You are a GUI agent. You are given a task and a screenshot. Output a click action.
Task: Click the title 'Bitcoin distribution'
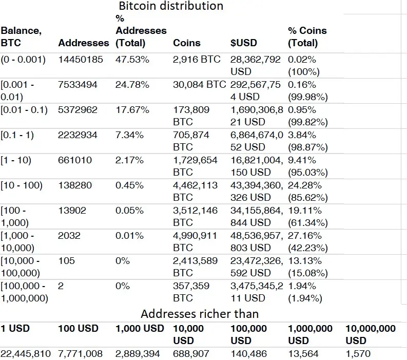(171, 6)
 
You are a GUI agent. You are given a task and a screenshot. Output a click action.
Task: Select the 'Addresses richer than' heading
(200, 314)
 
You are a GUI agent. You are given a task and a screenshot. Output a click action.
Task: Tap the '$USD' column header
(243, 43)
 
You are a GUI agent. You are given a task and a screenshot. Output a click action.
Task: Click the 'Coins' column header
(187, 43)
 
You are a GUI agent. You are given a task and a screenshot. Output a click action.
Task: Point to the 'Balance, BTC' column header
(21, 36)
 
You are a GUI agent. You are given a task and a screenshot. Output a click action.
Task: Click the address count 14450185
(81, 60)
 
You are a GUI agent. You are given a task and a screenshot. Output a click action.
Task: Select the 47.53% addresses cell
(132, 60)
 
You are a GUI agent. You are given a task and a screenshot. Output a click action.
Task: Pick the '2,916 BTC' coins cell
(197, 60)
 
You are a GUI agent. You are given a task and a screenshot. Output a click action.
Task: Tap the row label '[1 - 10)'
(16, 160)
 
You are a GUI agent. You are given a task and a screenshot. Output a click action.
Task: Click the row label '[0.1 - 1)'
(17, 135)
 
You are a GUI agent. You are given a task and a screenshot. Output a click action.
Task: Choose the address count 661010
(75, 160)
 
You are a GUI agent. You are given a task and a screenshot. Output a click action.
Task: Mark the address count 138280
(75, 185)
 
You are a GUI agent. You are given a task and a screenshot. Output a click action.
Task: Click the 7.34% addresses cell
(129, 135)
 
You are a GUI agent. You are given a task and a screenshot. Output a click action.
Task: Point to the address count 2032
(69, 236)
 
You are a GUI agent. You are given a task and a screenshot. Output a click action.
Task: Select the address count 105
(66, 261)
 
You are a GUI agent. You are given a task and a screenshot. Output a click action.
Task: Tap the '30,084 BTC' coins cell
(200, 85)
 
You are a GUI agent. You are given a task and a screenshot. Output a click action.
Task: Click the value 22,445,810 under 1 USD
(26, 354)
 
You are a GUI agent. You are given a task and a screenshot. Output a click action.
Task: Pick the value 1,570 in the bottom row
(358, 354)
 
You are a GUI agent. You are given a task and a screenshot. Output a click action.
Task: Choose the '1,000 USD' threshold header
(140, 329)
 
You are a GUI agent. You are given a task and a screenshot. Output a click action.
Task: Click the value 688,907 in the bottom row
(191, 354)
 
